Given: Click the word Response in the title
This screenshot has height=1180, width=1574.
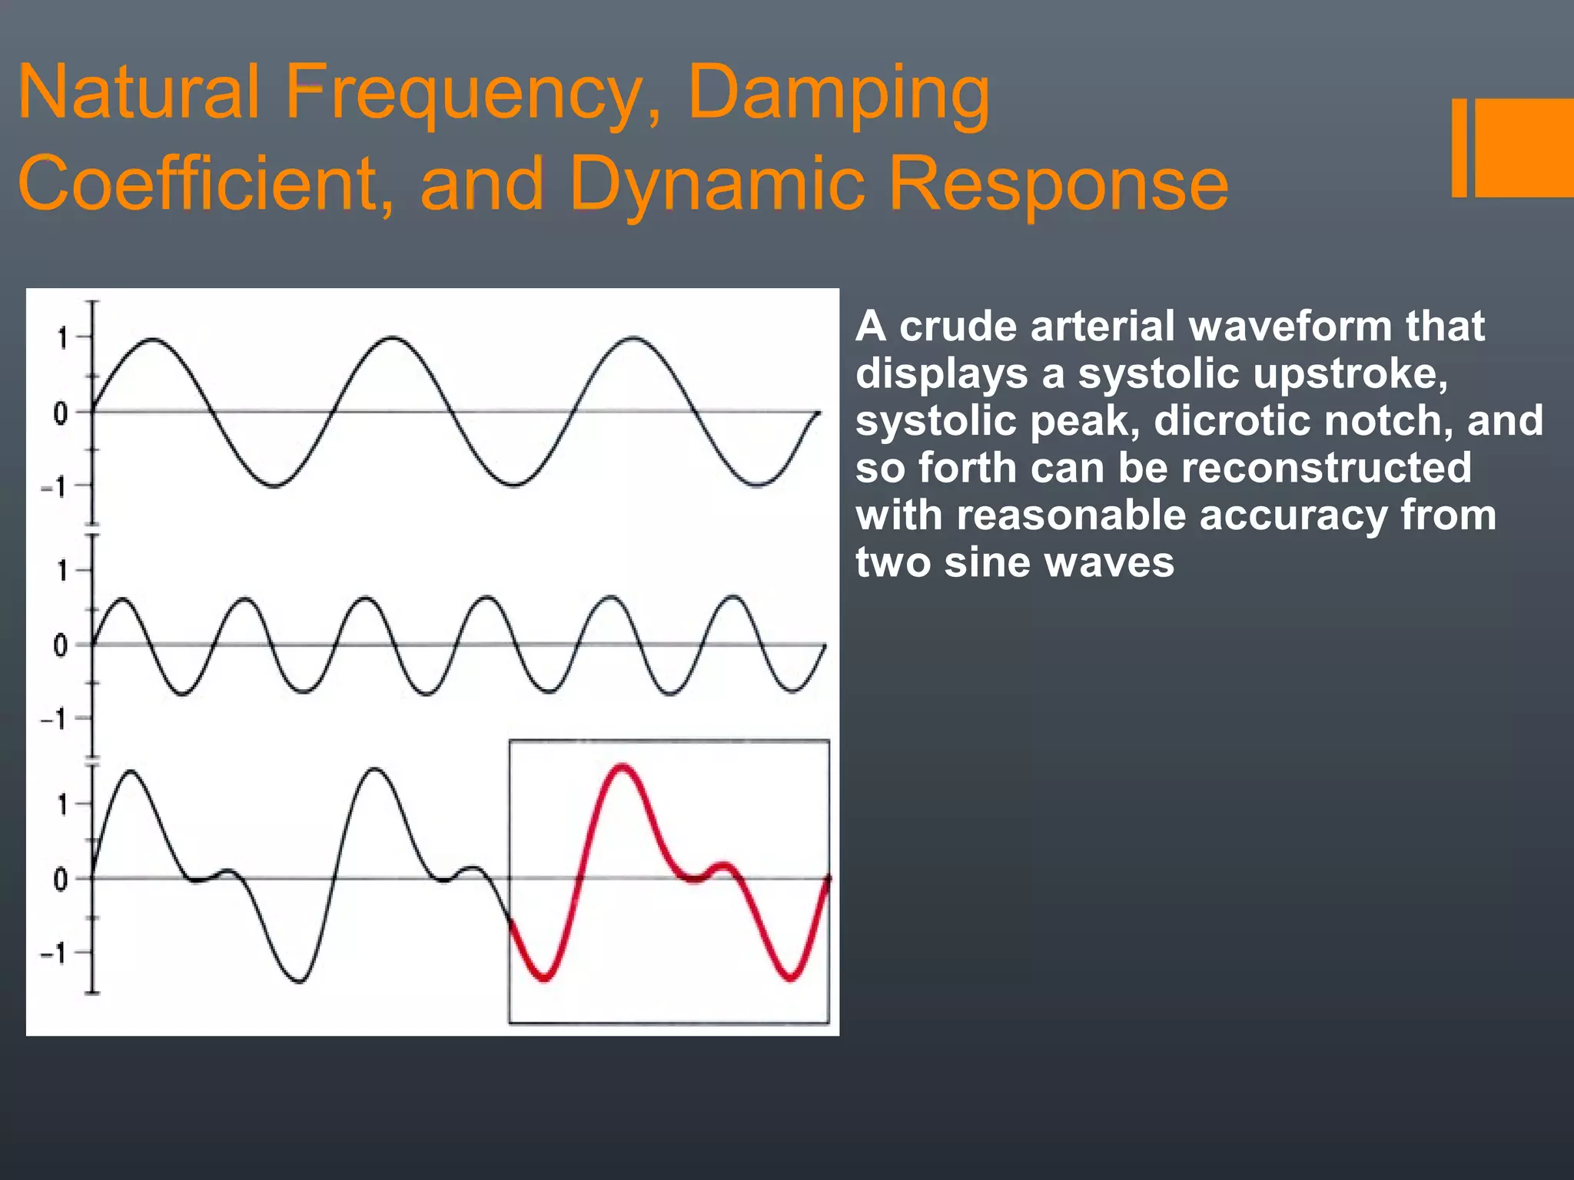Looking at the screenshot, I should [x=1058, y=184].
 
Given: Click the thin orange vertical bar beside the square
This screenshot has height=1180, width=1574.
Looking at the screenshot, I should [x=1459, y=147].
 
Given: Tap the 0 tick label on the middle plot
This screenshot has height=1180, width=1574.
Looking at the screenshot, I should [x=61, y=645].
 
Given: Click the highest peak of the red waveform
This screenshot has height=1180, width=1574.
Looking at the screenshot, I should [x=621, y=767].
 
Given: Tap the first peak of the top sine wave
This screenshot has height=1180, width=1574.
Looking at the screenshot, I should [x=153, y=339].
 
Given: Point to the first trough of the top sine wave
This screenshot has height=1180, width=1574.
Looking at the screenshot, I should [x=274, y=486].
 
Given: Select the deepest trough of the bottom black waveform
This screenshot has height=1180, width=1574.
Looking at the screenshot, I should [x=300, y=981].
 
